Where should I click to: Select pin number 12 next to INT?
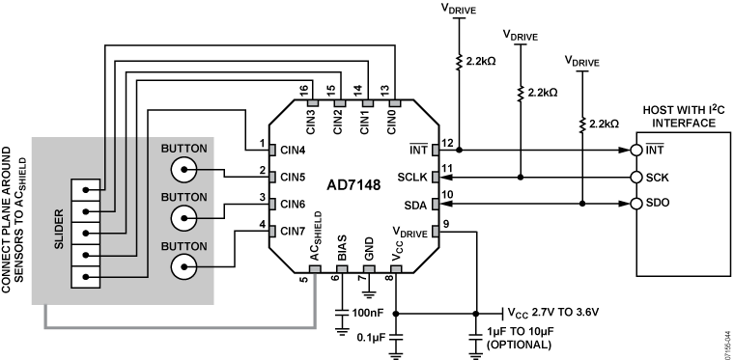447,143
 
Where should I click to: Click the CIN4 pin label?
292,151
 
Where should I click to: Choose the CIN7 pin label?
292,231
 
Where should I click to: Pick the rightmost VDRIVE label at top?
582,60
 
